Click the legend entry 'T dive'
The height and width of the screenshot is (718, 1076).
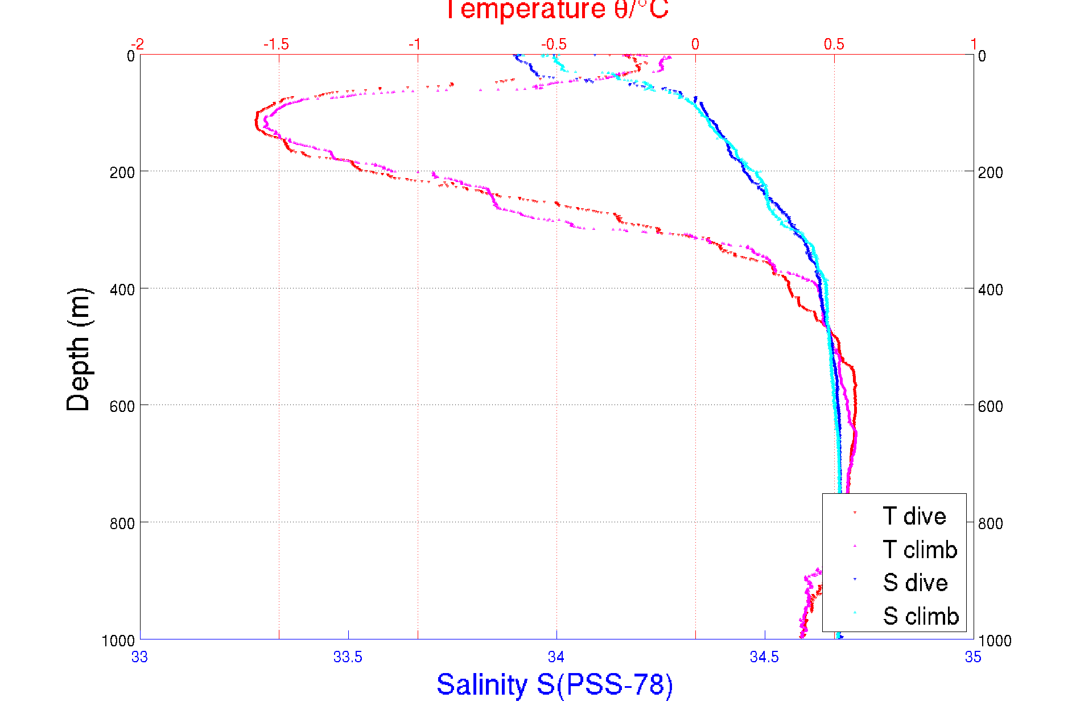[914, 516]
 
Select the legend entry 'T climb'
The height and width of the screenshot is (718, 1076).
[920, 550]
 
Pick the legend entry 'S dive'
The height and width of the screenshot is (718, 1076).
[915, 583]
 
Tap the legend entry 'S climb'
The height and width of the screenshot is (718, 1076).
[921, 616]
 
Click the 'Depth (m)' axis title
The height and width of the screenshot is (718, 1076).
[79, 349]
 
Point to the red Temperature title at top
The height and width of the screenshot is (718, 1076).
[556, 10]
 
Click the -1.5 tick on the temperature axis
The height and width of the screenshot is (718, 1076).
[277, 44]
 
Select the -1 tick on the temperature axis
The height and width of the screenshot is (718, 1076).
[415, 44]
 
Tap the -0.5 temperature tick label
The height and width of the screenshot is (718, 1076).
[554, 44]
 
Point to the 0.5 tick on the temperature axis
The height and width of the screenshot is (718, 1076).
[834, 44]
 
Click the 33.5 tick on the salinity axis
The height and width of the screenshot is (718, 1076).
[348, 657]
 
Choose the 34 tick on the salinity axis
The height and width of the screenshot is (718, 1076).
[556, 657]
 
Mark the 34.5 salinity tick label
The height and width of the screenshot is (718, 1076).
[764, 657]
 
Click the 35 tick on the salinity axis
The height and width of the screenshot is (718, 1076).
[973, 657]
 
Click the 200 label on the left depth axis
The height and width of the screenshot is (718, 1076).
[122, 172]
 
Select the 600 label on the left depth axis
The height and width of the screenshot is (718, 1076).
[122, 406]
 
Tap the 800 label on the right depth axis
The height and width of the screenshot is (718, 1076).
[991, 523]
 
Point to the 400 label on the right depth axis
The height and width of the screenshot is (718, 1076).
[991, 290]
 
